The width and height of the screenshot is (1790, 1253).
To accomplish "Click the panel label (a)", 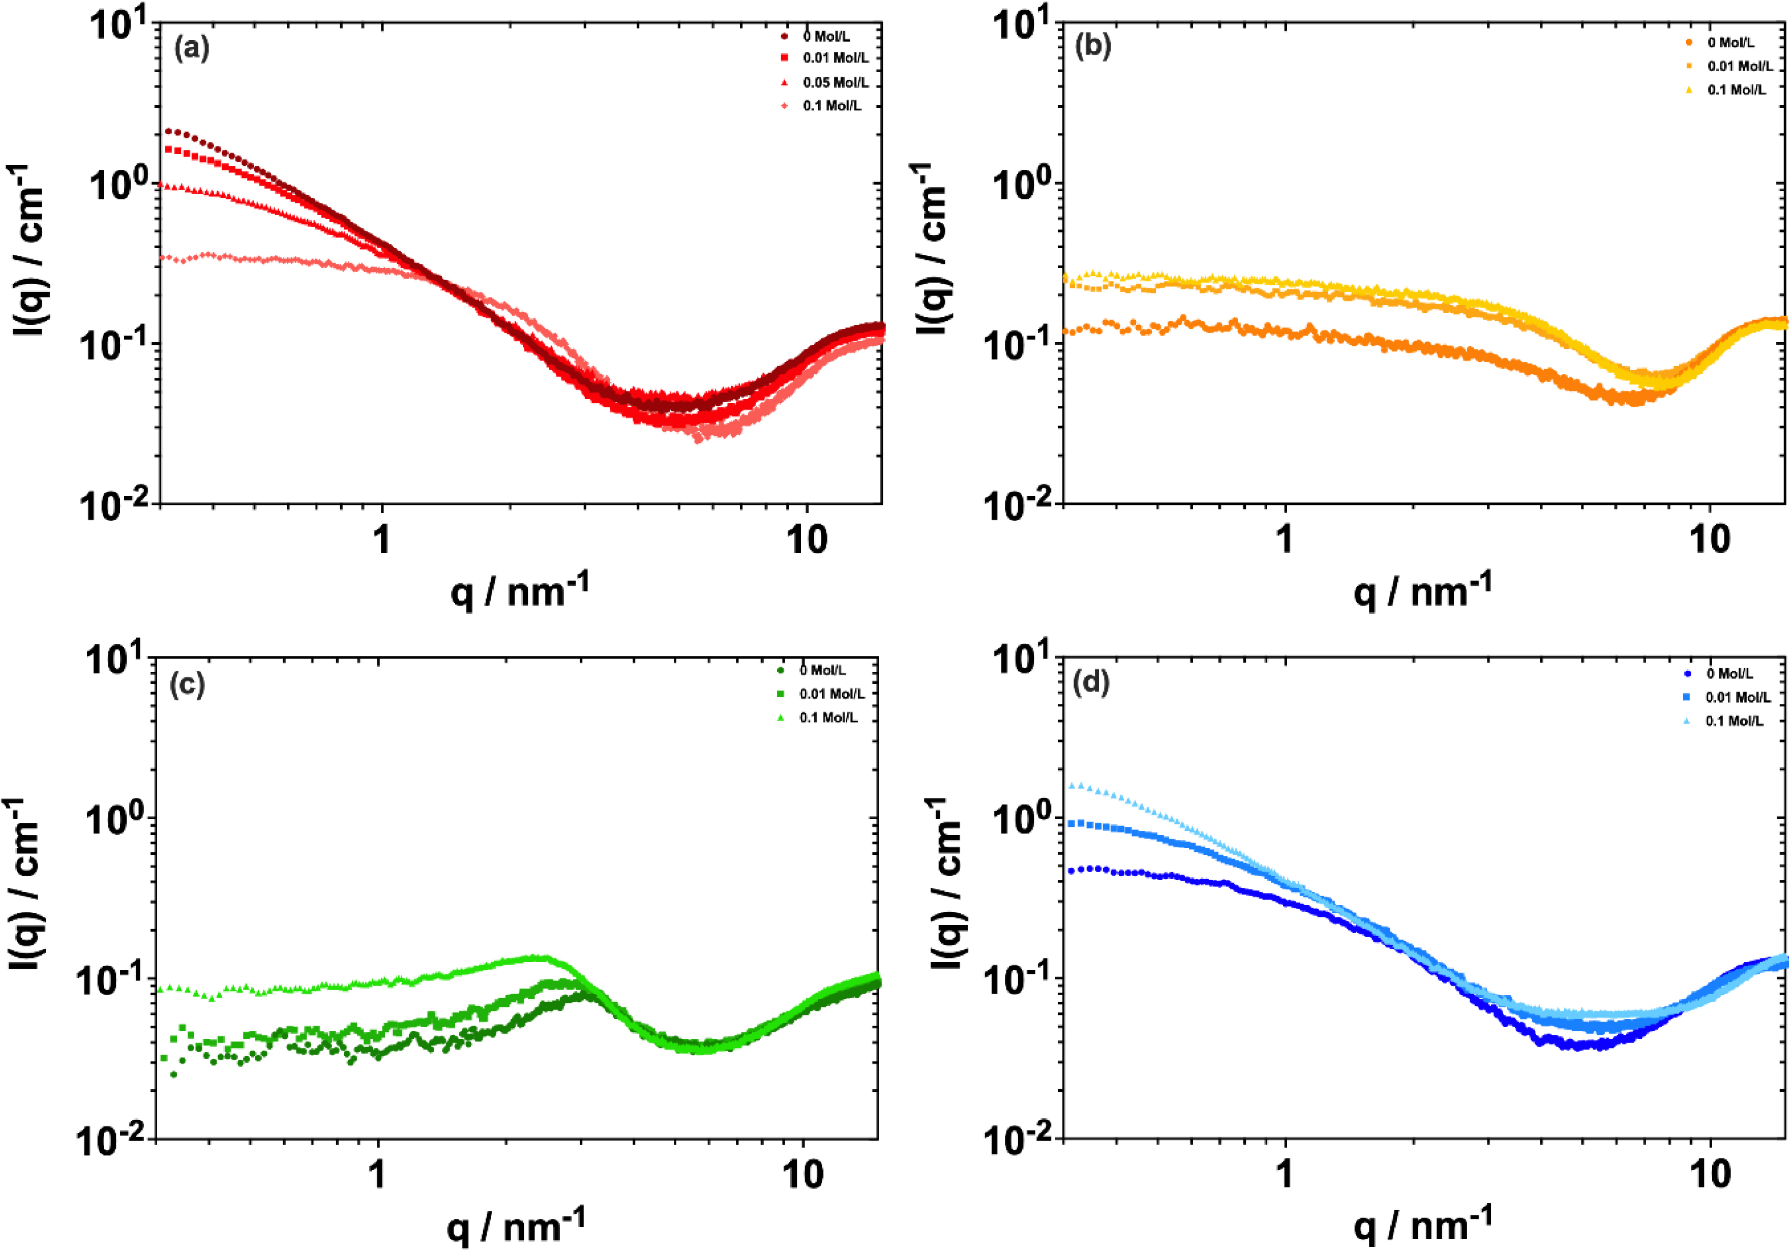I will coord(191,49).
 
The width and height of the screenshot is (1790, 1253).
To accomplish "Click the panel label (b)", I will coord(1092,47).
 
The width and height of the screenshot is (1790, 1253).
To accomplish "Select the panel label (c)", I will coord(187,684).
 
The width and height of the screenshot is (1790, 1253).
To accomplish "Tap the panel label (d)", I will coord(1091,683).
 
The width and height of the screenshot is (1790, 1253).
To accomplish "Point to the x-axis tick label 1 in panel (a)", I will coord(381,540).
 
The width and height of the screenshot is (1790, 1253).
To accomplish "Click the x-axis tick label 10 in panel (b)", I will coord(1710,540).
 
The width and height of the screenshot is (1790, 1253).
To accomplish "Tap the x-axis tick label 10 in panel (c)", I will coord(802,1174).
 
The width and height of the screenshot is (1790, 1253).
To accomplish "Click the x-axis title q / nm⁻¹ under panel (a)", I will coord(519,590).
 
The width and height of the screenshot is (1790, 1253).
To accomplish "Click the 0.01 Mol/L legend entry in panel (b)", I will coord(1739,66).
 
